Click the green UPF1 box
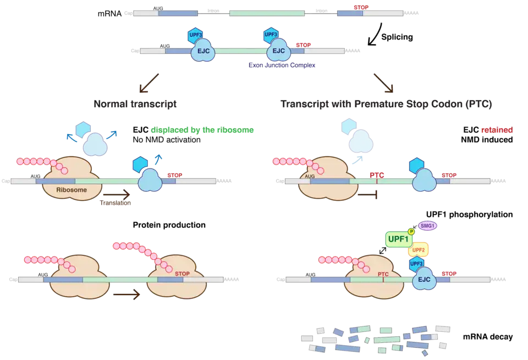pos(398,239)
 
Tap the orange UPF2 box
pos(418,250)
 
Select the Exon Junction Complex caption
pos(281,65)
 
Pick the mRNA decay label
pos(488,337)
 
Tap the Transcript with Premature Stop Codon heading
pos(386,103)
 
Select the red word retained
pos(497,130)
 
